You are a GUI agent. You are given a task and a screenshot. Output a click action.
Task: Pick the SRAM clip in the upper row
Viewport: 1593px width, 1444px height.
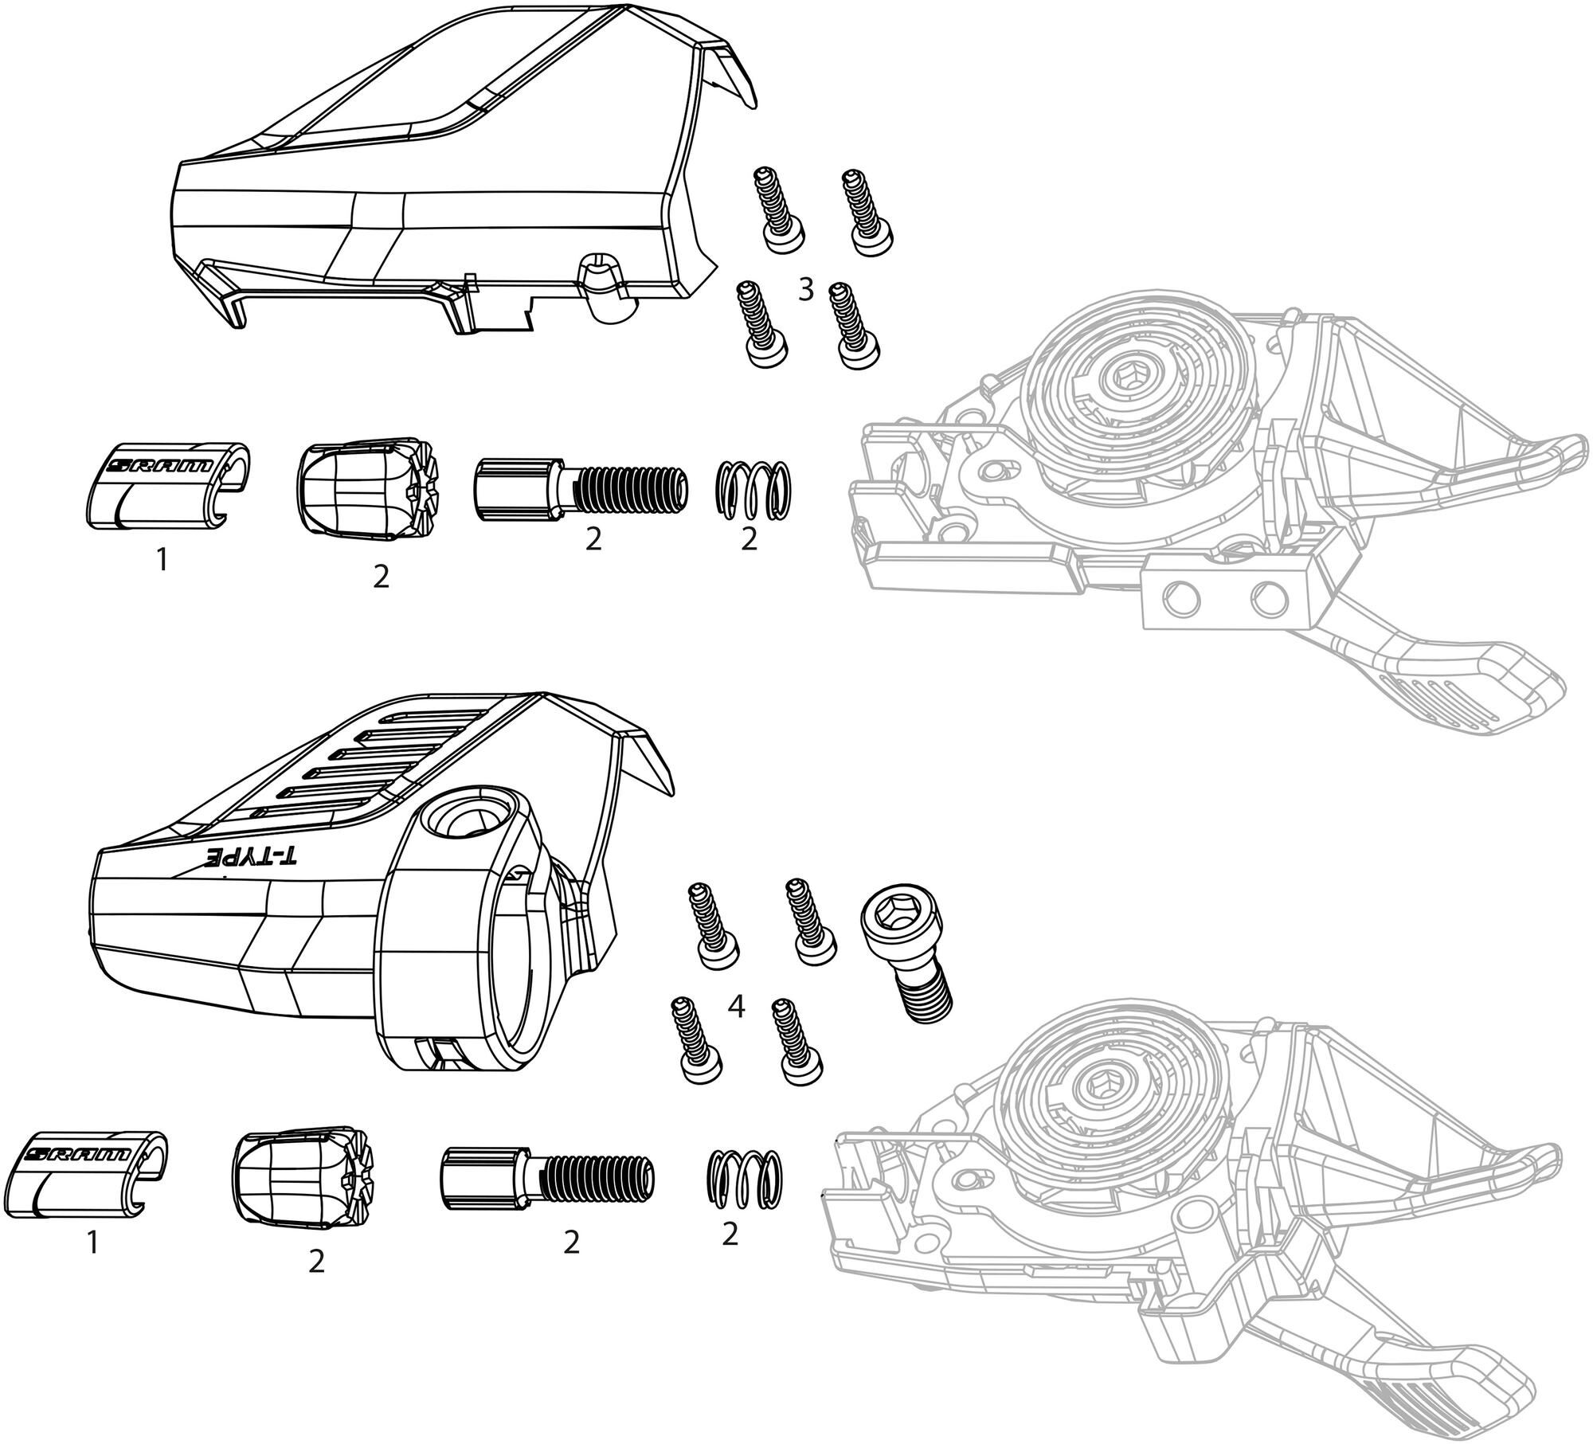coord(166,485)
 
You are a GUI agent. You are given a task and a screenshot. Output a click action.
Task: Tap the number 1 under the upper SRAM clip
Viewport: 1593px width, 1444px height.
coord(162,562)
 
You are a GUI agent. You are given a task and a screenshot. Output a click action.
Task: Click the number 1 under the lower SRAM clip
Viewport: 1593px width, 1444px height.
coord(92,1242)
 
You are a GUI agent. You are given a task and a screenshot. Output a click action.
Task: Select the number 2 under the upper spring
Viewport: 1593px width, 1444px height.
coord(749,540)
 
